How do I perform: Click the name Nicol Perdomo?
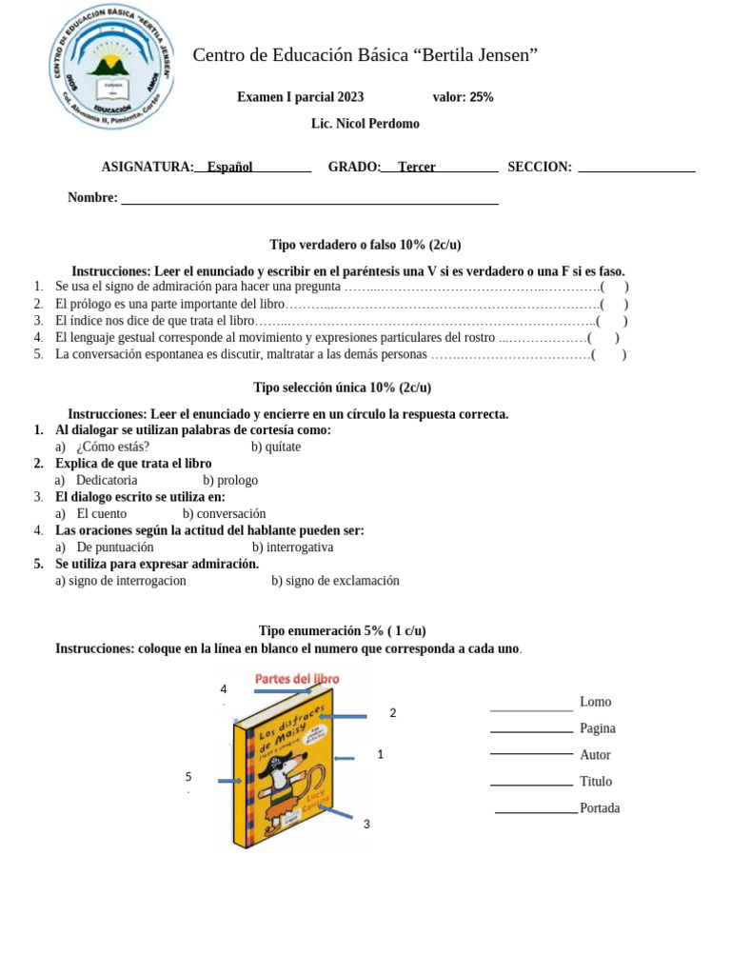[378, 124]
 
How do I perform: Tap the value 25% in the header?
[481, 97]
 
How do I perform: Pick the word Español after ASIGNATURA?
[229, 168]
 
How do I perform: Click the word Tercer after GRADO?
[417, 168]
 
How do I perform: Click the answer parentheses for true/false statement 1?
[614, 287]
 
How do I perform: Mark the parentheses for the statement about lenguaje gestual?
[603, 338]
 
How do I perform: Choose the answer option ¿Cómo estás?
[112, 447]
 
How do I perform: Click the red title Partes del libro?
[296, 679]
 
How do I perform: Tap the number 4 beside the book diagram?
[224, 689]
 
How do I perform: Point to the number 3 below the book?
[366, 824]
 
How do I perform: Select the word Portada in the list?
[600, 808]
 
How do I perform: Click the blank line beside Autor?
[531, 753]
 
